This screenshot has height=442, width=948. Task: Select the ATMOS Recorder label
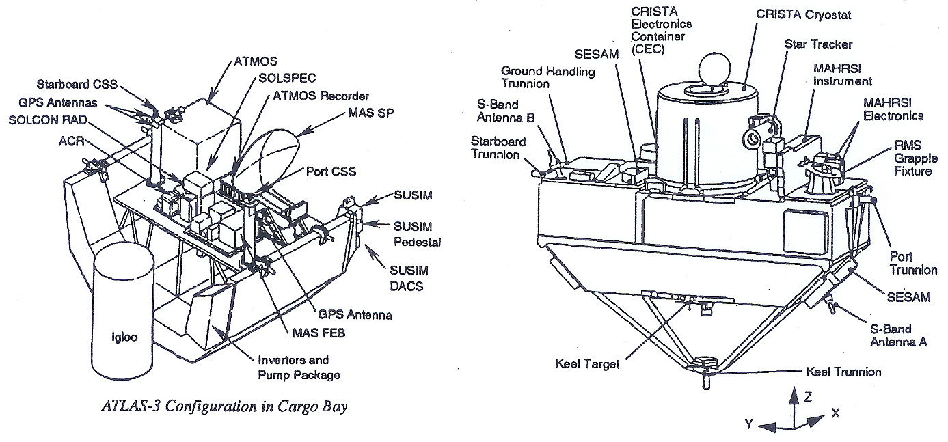(x=321, y=96)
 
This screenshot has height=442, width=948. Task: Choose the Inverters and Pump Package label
(x=294, y=367)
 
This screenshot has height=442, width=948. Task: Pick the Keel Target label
(x=586, y=363)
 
